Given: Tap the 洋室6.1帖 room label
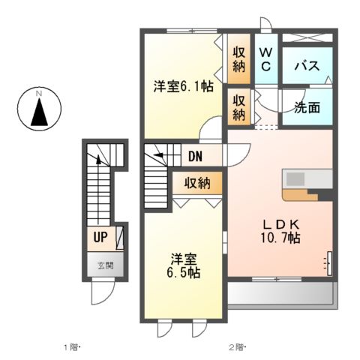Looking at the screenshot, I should [182, 87].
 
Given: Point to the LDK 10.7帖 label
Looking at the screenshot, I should [280, 231].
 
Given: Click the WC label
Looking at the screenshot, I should [266, 59].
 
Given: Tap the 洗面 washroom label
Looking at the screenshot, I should [307, 107].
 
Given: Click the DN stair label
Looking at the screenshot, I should [196, 157].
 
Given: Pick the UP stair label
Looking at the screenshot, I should [99, 238].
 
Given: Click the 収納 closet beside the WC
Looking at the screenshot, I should [239, 59].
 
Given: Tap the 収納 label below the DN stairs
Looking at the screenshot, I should [198, 183].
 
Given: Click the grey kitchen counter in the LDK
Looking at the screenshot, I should [306, 180].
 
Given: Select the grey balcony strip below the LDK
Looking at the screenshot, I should [282, 292].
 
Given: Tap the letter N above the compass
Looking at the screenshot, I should [40, 94].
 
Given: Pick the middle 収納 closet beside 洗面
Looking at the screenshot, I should [239, 107].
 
